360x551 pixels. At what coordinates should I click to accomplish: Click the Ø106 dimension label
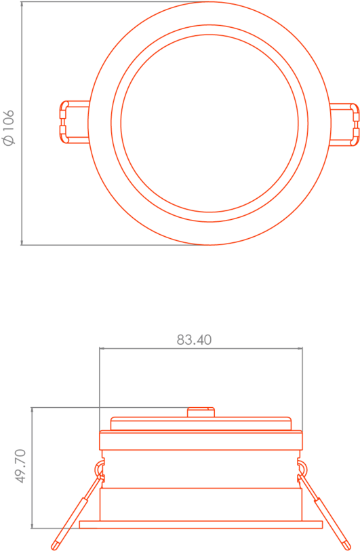tap(9, 127)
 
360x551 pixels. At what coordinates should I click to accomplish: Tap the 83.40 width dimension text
tap(194, 339)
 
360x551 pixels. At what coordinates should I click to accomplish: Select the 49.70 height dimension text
tap(20, 465)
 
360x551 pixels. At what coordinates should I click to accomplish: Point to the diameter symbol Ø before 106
tap(9, 140)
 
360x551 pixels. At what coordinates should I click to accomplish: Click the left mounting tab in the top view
tap(73, 122)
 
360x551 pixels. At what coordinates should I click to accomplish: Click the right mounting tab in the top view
tap(344, 123)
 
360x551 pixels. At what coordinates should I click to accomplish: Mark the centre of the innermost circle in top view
tap(209, 123)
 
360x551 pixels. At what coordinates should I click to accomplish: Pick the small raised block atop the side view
tap(201, 412)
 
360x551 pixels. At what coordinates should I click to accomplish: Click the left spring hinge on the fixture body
tap(99, 468)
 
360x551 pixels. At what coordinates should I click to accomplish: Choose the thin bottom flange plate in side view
tap(201, 524)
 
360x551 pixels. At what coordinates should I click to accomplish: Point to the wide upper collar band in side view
tap(201, 442)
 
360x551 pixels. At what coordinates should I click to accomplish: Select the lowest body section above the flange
tap(201, 503)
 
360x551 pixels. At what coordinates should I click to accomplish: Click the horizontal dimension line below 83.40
tap(201, 349)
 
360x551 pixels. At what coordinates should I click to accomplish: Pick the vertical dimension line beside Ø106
tap(22, 122)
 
